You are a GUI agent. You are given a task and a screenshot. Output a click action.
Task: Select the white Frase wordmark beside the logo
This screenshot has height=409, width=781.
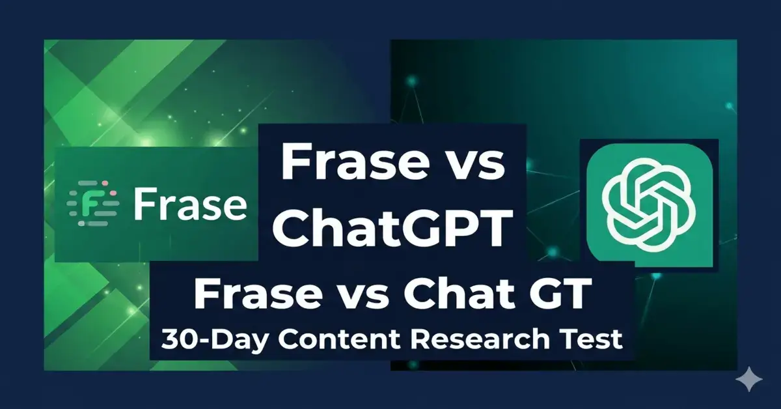pyautogui.click(x=190, y=204)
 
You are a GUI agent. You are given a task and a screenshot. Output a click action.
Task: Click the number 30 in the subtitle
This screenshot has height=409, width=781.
pyautogui.click(x=178, y=340)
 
